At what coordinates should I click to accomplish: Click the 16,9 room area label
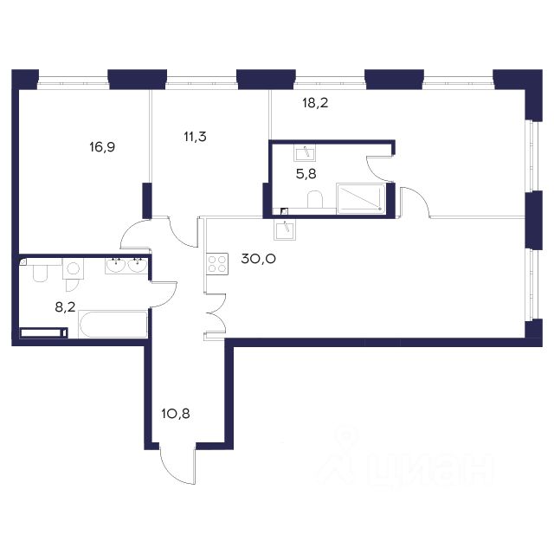pyautogui.click(x=102, y=147)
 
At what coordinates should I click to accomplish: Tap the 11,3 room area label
pyautogui.click(x=195, y=137)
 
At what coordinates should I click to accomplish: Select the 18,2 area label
pyautogui.click(x=315, y=103)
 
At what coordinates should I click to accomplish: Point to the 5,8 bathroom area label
pyautogui.click(x=306, y=174)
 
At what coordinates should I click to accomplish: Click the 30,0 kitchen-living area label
pyautogui.click(x=258, y=259)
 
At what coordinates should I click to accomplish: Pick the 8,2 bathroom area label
pyautogui.click(x=66, y=307)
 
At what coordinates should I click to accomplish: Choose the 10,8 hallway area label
pyautogui.click(x=176, y=414)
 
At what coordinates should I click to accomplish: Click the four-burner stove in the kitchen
pyautogui.click(x=217, y=264)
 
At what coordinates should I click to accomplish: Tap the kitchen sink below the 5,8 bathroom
pyautogui.click(x=285, y=229)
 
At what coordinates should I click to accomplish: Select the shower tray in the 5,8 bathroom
pyautogui.click(x=361, y=198)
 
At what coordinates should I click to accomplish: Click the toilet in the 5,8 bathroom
pyautogui.click(x=315, y=200)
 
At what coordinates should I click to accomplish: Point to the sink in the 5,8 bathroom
pyautogui.click(x=305, y=154)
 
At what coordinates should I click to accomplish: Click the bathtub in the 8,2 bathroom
pyautogui.click(x=113, y=325)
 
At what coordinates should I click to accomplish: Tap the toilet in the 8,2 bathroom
pyautogui.click(x=40, y=271)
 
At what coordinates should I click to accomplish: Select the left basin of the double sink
pyautogui.click(x=115, y=266)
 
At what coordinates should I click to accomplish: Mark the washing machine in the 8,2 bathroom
pyautogui.click(x=73, y=268)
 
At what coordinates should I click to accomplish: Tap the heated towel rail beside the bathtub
pyautogui.click(x=44, y=332)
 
